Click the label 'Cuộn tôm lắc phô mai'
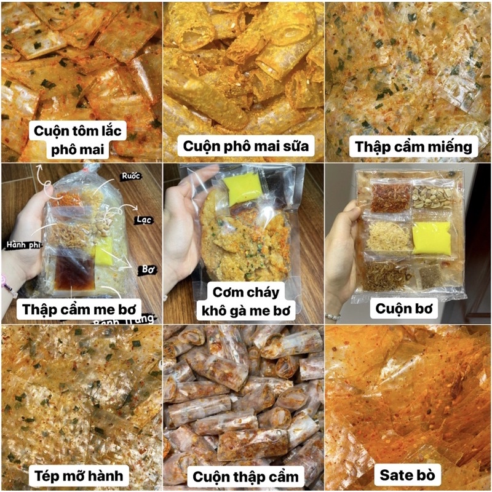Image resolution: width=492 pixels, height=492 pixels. [x=77, y=140]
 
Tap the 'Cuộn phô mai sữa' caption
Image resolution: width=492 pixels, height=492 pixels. [x=245, y=146]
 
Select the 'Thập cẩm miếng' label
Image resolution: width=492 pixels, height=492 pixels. [x=413, y=146]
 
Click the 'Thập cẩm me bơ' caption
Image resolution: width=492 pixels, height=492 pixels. [x=79, y=309]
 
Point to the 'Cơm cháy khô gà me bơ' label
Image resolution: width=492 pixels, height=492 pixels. [x=245, y=301]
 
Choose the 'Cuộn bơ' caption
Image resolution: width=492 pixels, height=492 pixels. [x=404, y=309]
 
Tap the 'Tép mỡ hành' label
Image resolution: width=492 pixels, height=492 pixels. [x=79, y=475]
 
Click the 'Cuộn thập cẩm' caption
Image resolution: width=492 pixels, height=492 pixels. [x=245, y=477]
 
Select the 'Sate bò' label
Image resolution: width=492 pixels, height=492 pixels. [x=407, y=475]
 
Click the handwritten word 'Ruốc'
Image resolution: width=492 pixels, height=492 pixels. [x=130, y=176]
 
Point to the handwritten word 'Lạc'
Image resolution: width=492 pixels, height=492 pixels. [x=144, y=220]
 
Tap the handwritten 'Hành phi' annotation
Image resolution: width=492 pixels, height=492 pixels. [x=23, y=245]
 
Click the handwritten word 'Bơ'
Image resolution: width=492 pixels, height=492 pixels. [x=148, y=269]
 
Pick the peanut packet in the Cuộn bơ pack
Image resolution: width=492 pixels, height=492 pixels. [x=432, y=197]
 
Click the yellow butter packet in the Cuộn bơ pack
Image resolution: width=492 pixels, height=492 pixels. [x=432, y=237]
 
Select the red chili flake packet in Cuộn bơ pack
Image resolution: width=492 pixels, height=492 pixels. [x=391, y=197]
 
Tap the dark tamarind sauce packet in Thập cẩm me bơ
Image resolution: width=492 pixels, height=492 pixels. [x=74, y=272]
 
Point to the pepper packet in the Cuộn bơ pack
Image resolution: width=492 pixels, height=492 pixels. [x=430, y=276]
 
